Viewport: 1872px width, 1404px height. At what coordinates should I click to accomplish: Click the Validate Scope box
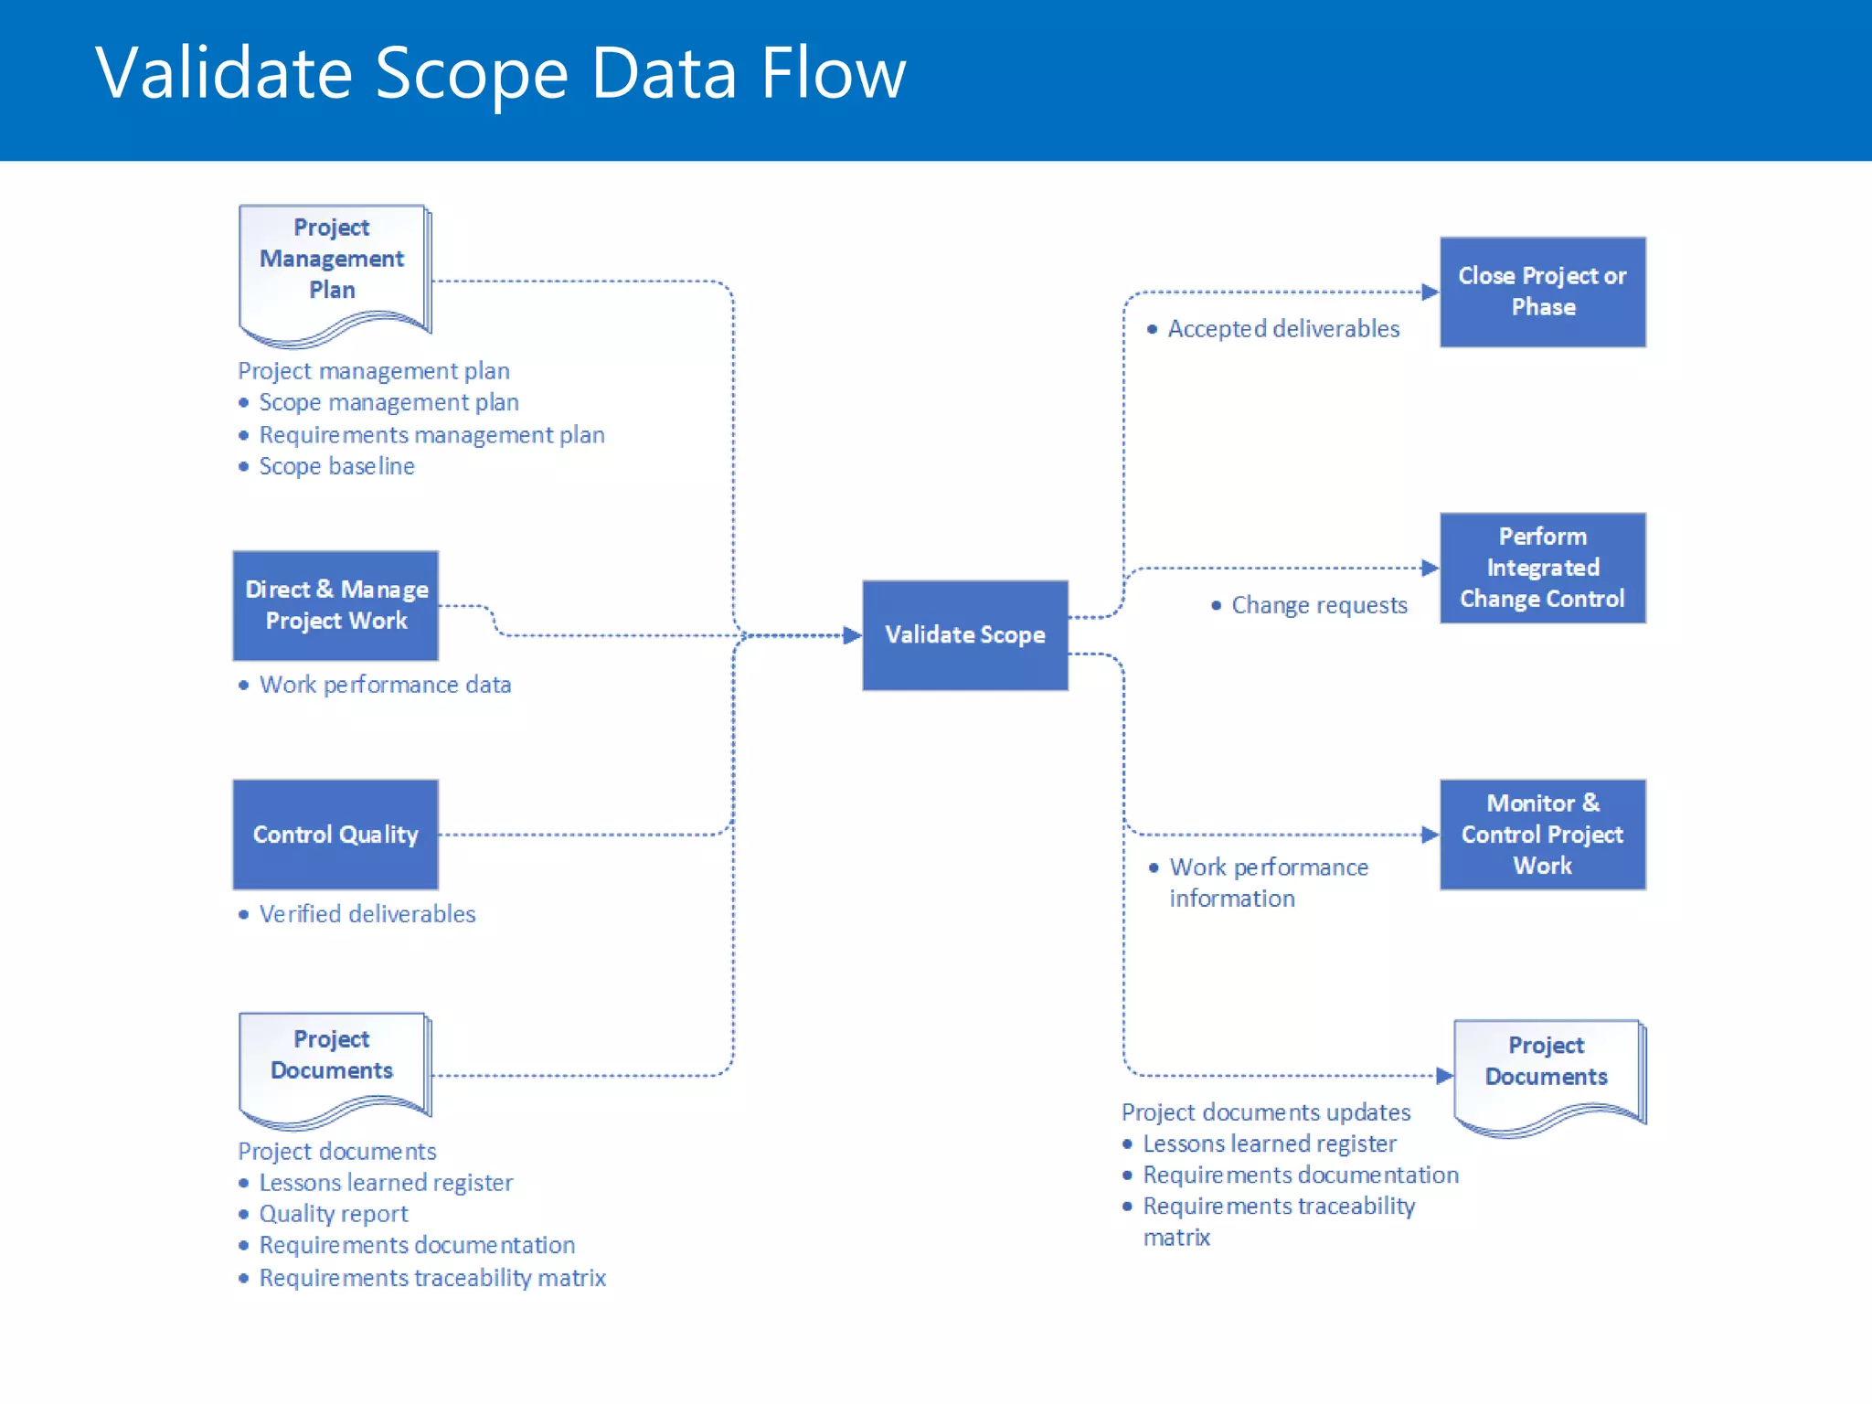point(964,634)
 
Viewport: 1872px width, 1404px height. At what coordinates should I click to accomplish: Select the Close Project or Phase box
point(1542,292)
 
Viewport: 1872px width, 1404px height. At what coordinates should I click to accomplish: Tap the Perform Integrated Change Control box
point(1542,568)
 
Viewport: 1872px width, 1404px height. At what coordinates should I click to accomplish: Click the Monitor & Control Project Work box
point(1542,834)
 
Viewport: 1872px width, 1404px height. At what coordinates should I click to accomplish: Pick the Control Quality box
point(335,834)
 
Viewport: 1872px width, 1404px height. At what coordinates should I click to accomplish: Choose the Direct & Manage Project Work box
point(335,605)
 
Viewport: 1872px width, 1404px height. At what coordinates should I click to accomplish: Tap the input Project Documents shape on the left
point(333,1065)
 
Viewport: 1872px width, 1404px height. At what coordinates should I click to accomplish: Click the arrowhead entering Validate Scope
point(852,635)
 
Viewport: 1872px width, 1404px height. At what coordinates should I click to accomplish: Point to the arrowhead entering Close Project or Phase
point(1431,292)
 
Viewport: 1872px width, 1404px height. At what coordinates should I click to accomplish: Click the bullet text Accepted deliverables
point(1282,329)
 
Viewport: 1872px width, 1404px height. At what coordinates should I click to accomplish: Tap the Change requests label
point(1318,605)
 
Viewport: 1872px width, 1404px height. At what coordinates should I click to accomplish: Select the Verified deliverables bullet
point(367,914)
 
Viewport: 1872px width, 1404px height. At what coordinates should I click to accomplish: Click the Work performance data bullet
point(385,685)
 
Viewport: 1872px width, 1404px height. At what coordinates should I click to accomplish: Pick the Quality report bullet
point(333,1214)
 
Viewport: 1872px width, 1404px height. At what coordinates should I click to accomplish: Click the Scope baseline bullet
point(336,466)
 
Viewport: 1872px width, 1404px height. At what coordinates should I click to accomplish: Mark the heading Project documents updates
point(1266,1112)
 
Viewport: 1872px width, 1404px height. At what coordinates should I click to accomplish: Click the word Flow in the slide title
point(833,73)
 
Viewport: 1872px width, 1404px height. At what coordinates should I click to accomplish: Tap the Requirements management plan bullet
point(431,435)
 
